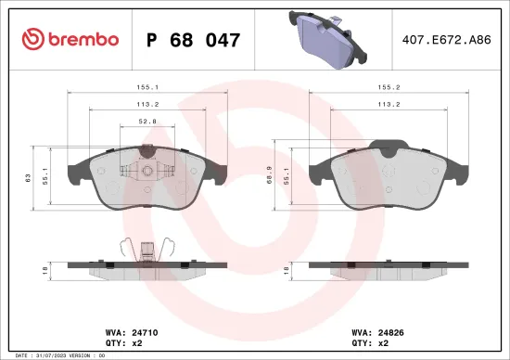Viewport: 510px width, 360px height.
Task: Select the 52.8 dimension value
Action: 146,119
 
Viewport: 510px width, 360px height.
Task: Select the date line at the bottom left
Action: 55,354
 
